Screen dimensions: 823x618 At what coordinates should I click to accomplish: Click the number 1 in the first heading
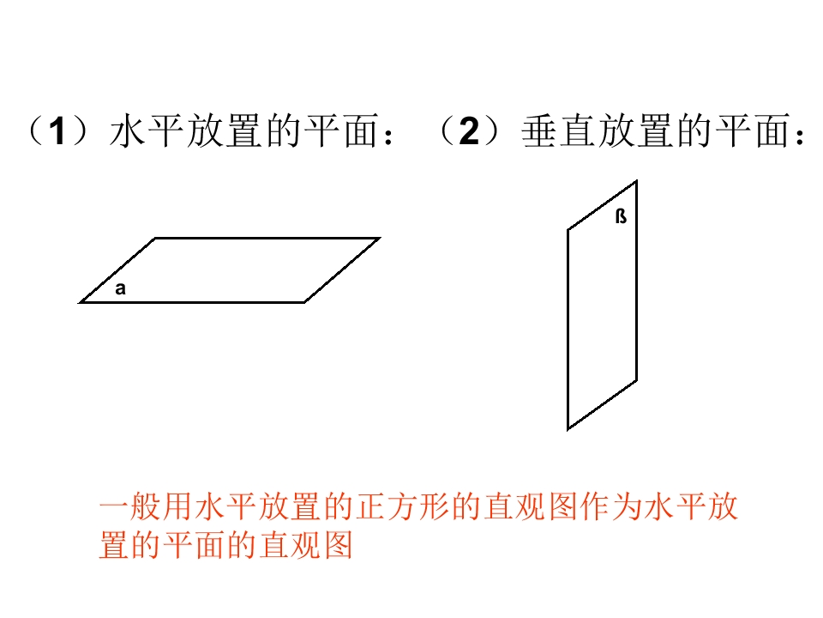[58, 130]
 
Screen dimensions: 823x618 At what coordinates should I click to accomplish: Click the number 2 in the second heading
[469, 130]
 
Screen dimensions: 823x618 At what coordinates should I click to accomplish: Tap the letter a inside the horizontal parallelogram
[121, 288]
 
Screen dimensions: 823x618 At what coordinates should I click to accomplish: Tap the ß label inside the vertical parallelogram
[621, 216]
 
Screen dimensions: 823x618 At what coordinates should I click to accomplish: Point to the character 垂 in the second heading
[540, 130]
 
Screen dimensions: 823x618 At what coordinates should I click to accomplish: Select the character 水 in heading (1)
[129, 130]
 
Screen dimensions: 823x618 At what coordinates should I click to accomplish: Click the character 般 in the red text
[146, 506]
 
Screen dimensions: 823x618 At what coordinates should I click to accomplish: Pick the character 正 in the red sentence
[371, 506]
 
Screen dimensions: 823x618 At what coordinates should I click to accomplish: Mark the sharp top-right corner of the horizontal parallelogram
[379, 239]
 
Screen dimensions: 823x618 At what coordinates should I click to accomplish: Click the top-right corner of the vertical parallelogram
[637, 181]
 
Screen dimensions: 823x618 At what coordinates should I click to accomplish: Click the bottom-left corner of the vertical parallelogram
[568, 429]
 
